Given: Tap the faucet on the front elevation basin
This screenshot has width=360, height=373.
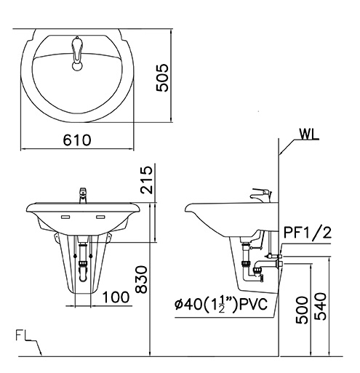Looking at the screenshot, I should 82,195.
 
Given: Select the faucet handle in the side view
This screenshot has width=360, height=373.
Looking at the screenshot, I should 261,194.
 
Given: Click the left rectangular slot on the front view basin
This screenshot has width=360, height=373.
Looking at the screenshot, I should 65,217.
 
